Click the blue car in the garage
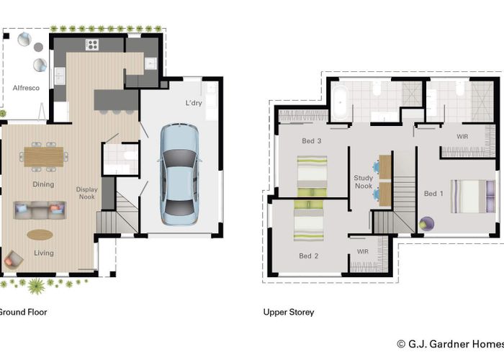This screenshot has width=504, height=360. tap(179, 174)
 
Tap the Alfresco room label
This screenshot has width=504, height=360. tap(26, 88)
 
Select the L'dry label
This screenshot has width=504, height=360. tap(194, 103)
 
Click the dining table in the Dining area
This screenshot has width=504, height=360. tap(44, 157)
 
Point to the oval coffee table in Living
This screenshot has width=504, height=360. tap(40, 235)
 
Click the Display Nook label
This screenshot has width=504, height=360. tap(87, 193)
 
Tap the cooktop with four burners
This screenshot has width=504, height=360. tap(92, 45)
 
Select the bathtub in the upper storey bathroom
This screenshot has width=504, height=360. tap(340, 102)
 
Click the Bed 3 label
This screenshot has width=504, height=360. tap(312, 141)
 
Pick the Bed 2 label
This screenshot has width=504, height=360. tap(308, 256)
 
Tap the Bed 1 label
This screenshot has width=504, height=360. tap(433, 194)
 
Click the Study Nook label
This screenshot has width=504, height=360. tap(364, 182)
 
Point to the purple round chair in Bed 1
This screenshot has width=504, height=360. tap(427, 223)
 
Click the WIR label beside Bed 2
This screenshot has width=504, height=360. tap(363, 251)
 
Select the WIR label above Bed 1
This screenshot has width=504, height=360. tap(462, 136)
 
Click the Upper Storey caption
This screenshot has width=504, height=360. tap(289, 312)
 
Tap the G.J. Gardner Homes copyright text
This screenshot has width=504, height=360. tap(450, 344)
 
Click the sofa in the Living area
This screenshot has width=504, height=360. tap(40, 210)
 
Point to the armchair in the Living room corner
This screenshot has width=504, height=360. tap(13, 260)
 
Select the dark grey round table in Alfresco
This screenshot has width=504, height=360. tap(38, 48)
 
